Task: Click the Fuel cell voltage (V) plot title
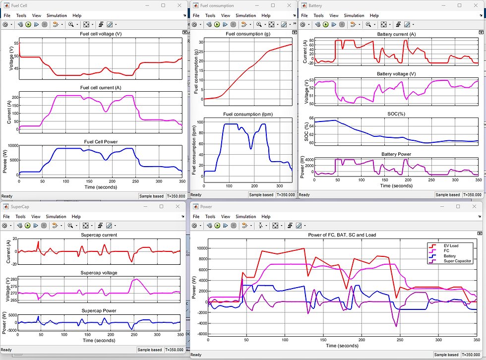click(x=100, y=34)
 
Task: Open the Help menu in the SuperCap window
click(x=76, y=217)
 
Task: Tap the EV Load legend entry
click(x=451, y=245)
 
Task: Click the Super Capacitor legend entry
click(x=457, y=261)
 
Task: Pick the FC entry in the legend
click(x=446, y=250)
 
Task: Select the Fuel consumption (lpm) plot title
click(x=243, y=114)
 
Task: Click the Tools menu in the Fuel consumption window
click(x=210, y=15)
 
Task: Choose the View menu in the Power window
click(x=226, y=217)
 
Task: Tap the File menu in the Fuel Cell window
click(x=6, y=15)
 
